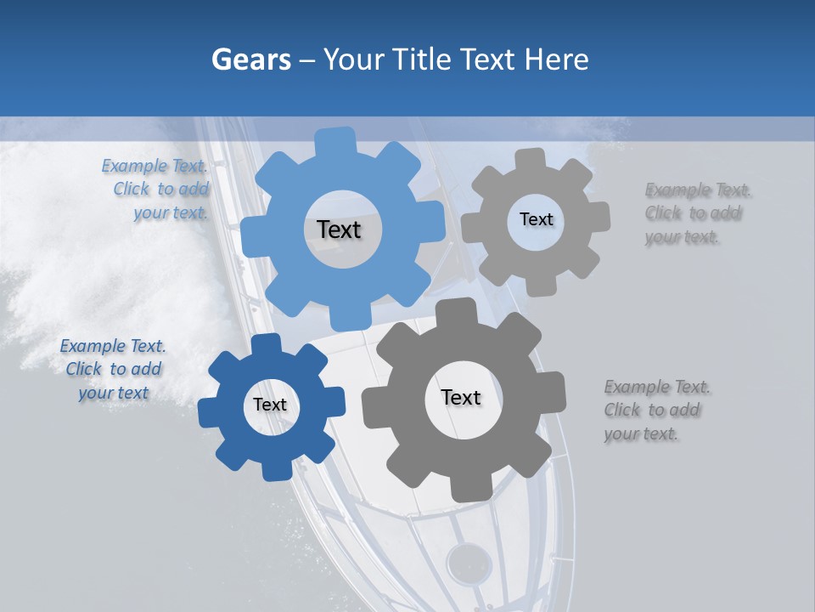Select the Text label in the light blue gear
339,229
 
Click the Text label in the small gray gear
536,219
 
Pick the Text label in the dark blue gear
270,405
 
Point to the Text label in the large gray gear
461,397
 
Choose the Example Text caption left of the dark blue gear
113,370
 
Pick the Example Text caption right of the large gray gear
655,411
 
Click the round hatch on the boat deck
469,563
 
